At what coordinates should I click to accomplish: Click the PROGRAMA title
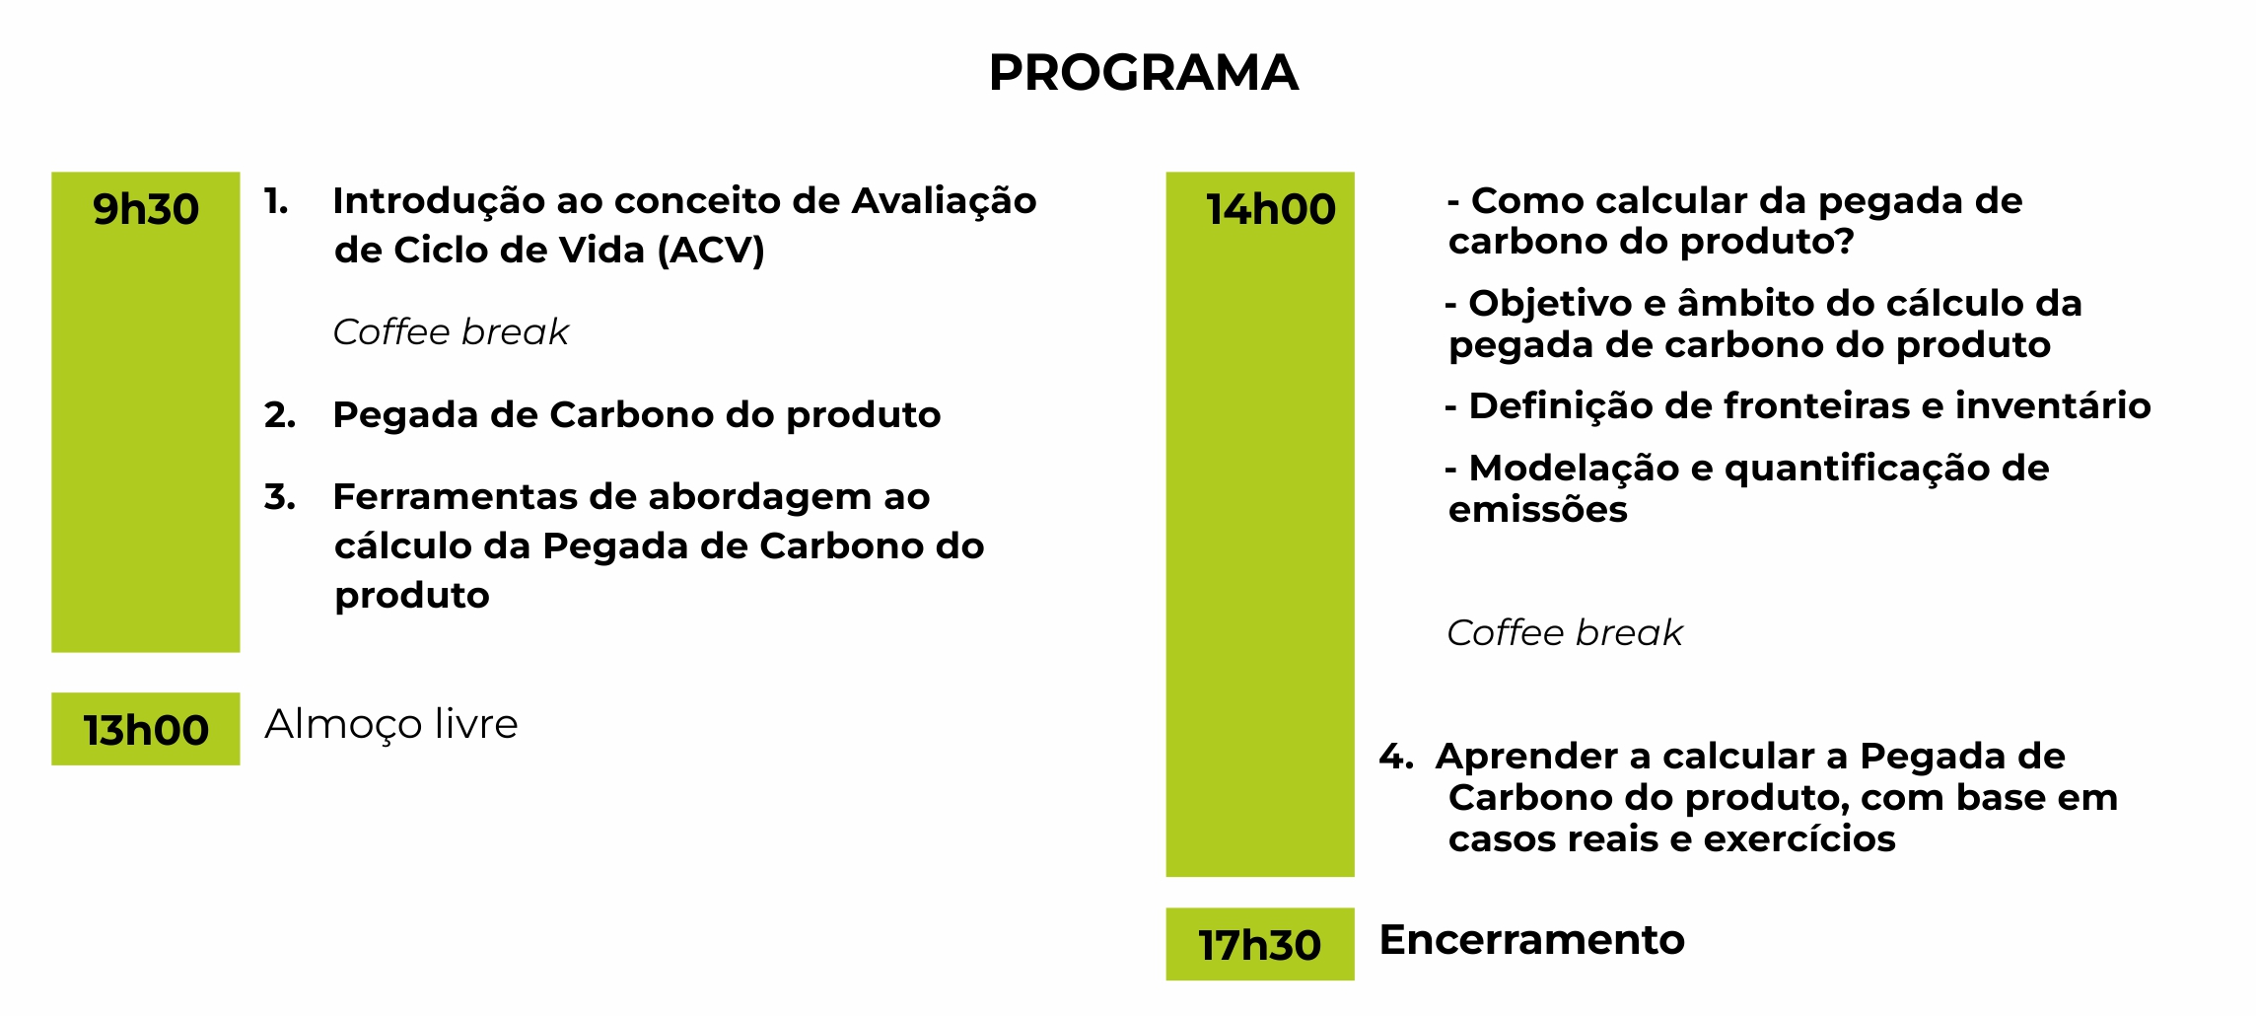[1143, 73]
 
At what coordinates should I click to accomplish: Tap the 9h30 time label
[146, 209]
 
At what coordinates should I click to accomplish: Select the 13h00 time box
[146, 729]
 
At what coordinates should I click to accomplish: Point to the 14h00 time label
[1271, 209]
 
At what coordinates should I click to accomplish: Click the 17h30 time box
[1260, 944]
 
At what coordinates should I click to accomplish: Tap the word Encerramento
[1532, 939]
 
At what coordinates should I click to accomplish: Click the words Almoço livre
[391, 725]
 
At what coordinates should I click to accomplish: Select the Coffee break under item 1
[452, 332]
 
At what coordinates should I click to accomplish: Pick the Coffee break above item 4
[1565, 632]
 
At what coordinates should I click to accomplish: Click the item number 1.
[276, 201]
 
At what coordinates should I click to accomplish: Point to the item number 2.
[280, 415]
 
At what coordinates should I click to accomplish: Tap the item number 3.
[280, 497]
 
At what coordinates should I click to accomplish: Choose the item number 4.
[1396, 757]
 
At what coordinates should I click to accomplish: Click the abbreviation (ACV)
[711, 251]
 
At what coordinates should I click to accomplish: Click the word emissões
[1538, 510]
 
